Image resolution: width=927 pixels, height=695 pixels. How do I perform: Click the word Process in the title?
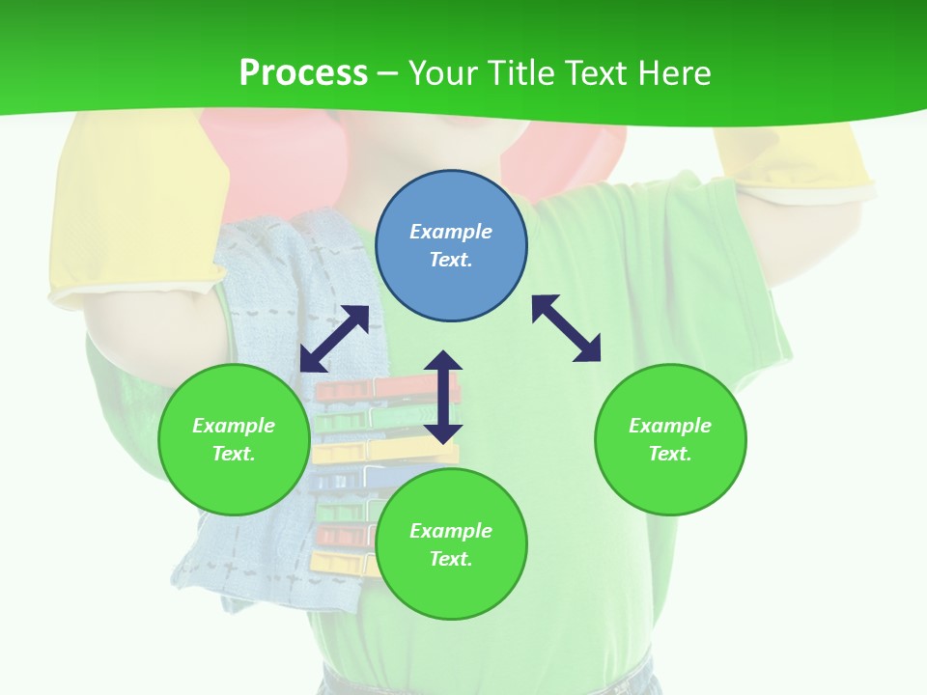pos(303,73)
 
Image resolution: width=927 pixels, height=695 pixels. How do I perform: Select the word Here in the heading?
pos(671,73)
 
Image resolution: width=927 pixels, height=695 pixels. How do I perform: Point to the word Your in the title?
pos(446,73)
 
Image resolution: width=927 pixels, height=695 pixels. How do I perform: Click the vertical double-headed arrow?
pos(443,397)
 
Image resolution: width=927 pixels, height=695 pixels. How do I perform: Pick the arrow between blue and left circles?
pos(334,339)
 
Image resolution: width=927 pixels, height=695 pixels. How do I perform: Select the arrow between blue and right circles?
pos(567,328)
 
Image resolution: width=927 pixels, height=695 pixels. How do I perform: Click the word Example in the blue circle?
pos(451,232)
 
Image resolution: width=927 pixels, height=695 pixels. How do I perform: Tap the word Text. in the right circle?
pos(670,454)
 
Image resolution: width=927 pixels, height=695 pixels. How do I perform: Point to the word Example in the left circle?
pos(234,426)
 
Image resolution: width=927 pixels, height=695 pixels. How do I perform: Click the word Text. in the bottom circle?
pos(451,559)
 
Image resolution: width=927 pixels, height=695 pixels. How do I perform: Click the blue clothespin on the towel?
pos(343,480)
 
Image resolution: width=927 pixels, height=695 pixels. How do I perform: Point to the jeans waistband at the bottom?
pos(492,681)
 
